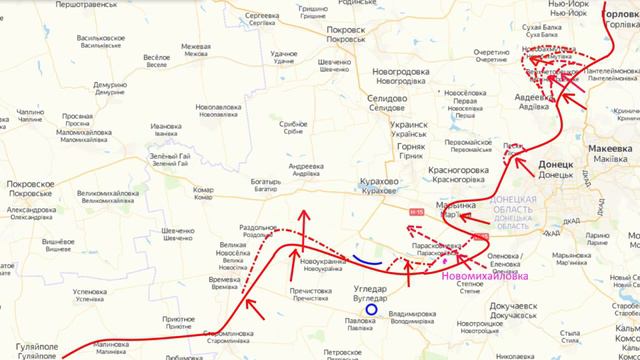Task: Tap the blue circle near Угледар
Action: click(371, 310)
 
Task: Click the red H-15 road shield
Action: click(416, 211)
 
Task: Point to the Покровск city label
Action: click(345, 31)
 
